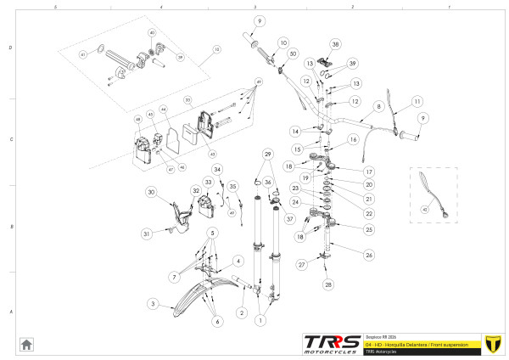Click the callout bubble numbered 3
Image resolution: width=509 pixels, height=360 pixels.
tap(152, 303)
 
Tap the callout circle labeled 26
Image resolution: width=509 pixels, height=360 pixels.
tap(368, 255)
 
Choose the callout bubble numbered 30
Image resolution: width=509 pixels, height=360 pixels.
tap(151, 193)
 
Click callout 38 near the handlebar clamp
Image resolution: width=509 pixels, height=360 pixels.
tap(335, 44)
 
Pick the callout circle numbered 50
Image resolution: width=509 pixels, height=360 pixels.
tap(293, 53)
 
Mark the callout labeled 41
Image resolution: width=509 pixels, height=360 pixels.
tap(83, 54)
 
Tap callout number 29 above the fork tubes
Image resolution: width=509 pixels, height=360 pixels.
tap(267, 154)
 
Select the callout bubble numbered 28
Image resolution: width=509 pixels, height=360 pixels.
tap(328, 284)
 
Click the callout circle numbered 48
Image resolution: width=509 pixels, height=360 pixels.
tap(137, 120)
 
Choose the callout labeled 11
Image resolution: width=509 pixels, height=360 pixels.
tap(417, 101)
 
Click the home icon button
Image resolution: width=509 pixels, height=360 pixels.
tap(26, 344)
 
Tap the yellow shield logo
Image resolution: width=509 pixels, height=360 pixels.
tap(491, 344)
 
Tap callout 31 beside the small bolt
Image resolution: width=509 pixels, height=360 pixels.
tap(145, 233)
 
